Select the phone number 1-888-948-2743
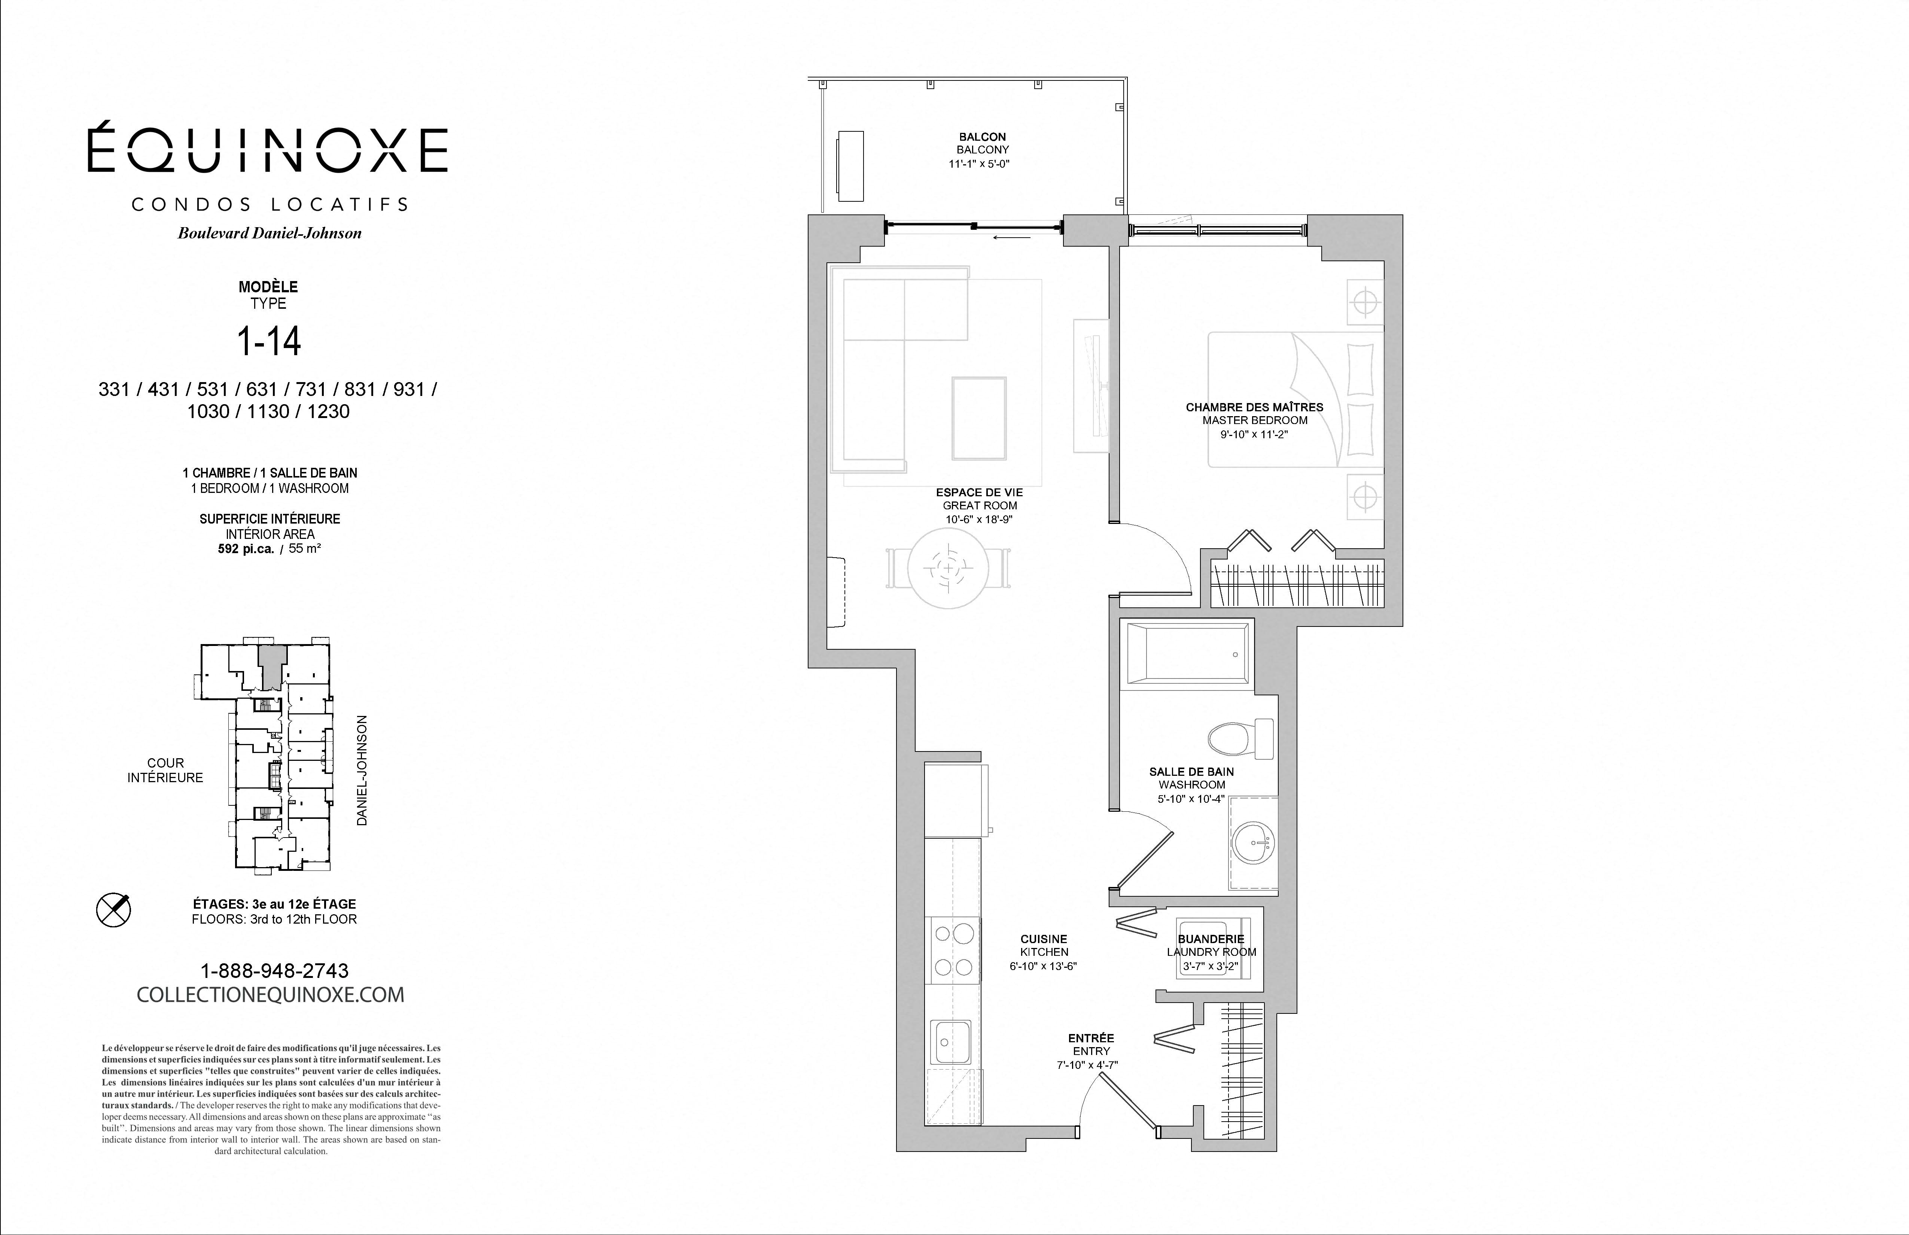[274, 970]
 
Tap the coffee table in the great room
[979, 419]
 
